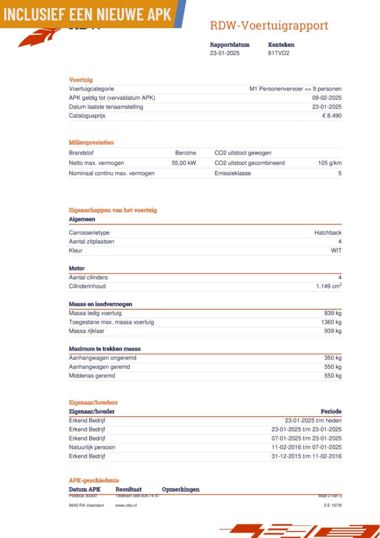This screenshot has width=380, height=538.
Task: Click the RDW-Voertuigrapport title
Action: [269, 26]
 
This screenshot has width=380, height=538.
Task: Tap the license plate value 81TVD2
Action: [278, 53]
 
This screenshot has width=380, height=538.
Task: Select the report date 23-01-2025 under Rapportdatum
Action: [224, 53]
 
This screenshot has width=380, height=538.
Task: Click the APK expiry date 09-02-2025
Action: [327, 98]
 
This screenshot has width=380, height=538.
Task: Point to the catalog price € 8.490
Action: [332, 115]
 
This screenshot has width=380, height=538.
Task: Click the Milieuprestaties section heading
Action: [91, 143]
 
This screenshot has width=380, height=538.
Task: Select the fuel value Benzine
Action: [186, 153]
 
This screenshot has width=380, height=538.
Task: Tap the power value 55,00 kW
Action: [184, 163]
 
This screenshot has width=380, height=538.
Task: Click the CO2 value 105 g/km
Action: [330, 163]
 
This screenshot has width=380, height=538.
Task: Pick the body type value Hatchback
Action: [328, 233]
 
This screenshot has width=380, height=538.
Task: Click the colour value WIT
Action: [336, 251]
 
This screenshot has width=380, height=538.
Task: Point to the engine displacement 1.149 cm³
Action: [328, 286]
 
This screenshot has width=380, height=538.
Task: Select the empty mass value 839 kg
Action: [332, 313]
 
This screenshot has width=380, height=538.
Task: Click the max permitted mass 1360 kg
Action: [331, 322]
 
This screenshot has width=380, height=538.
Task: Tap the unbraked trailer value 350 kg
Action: [332, 358]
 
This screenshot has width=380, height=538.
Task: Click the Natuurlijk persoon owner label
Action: [92, 447]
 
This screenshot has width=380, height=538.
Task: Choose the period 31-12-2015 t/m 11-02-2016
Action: [306, 456]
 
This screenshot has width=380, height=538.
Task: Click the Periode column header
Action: [331, 412]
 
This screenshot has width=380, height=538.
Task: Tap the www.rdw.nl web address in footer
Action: [126, 505]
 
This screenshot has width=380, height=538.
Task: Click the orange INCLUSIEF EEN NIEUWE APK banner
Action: [87, 14]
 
